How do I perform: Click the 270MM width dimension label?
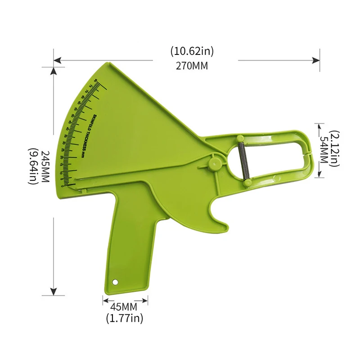(192, 65)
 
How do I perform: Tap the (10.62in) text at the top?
(192, 51)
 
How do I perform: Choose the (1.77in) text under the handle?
(124, 319)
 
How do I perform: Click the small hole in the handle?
(115, 282)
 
